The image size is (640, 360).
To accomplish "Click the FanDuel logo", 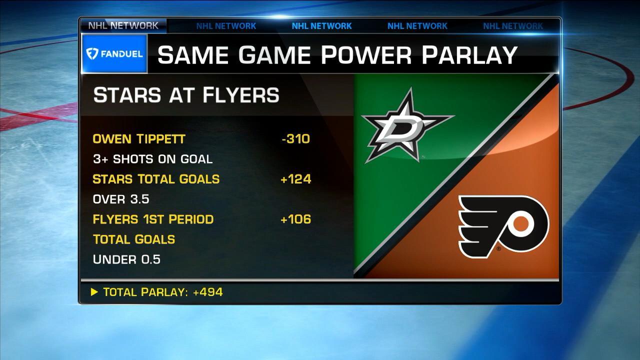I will (114, 53).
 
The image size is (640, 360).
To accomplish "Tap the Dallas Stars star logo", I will (406, 125).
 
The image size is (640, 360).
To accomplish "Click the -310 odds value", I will (295, 138).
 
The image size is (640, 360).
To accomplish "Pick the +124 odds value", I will (296, 179).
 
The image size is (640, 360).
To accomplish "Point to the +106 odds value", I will (296, 219).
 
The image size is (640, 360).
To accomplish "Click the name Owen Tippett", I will (139, 139).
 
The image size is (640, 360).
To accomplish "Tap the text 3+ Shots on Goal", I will (152, 159).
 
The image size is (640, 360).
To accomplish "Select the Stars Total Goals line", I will (156, 179).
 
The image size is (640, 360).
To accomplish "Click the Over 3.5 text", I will (121, 199).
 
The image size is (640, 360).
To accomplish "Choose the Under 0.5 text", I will (126, 259).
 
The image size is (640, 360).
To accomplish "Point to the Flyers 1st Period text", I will (153, 219).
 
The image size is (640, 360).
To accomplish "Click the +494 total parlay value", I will (210, 292).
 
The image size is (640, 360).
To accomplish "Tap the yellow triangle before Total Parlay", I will (94, 292).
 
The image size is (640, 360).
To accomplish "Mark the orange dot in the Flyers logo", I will (521, 223).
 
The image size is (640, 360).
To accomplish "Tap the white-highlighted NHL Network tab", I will (123, 25).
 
